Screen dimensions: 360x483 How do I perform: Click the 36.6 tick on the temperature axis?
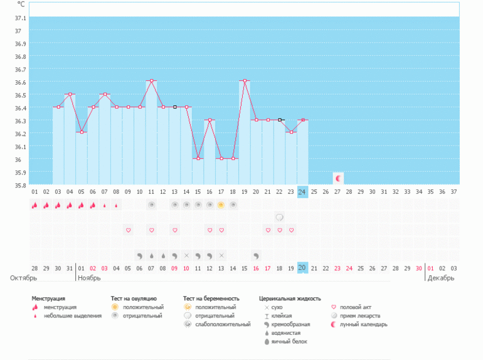coord(18,82)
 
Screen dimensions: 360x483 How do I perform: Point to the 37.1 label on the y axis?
coord(18,18)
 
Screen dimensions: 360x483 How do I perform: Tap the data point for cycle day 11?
coord(151,81)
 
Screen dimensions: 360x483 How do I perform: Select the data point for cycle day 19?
coord(244,81)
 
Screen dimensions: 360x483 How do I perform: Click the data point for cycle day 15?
coord(198,158)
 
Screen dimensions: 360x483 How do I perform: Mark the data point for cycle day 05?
coord(82,132)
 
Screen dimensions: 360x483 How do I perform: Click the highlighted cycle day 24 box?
coord(302,192)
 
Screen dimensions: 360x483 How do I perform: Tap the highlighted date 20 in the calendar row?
coord(302,268)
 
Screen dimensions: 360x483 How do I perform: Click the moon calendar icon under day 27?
coord(337,178)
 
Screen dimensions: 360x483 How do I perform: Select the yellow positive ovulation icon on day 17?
coord(221,205)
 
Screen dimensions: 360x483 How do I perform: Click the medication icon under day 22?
coord(279,217)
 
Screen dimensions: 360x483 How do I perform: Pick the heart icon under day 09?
coord(128,230)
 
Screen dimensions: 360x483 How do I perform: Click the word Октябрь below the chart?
coord(23,277)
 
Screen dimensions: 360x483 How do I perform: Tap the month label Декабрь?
coord(441,277)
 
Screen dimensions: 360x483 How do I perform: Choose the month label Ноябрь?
coord(89,277)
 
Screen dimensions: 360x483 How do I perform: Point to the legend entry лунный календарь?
coord(359,324)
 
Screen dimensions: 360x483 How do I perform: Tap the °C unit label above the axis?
coord(21,4)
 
